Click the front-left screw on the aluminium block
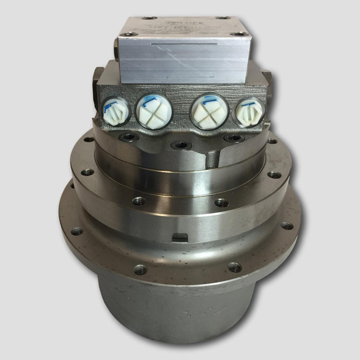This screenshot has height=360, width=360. click(x=128, y=34)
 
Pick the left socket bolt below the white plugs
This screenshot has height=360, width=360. click(x=128, y=137)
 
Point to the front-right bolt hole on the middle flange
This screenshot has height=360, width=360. click(x=222, y=203)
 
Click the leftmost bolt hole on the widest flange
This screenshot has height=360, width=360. click(x=77, y=231)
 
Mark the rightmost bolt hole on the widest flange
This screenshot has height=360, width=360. click(x=287, y=226)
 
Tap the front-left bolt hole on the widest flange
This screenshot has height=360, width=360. click(x=140, y=269)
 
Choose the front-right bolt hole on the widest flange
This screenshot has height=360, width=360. click(x=234, y=267)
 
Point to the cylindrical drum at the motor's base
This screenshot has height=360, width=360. click(x=180, y=314)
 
